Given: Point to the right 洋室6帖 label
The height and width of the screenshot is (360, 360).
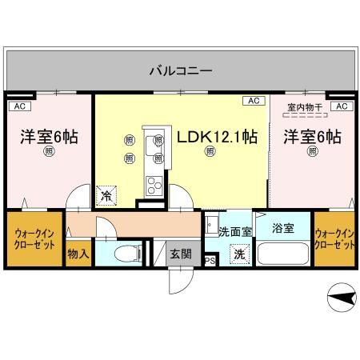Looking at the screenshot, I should (x=312, y=136).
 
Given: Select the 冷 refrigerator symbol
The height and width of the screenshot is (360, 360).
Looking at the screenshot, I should (x=106, y=194).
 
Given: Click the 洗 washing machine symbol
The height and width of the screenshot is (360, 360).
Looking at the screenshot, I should (x=238, y=255).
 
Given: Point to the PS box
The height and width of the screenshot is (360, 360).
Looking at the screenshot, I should (x=210, y=261).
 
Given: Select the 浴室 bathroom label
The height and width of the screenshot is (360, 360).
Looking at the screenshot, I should (x=282, y=228).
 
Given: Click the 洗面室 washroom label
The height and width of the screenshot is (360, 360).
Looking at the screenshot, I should (x=235, y=231).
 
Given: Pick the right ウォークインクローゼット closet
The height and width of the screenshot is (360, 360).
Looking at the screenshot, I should (x=334, y=238).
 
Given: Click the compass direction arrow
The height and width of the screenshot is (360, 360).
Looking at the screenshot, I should (x=341, y=299).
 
